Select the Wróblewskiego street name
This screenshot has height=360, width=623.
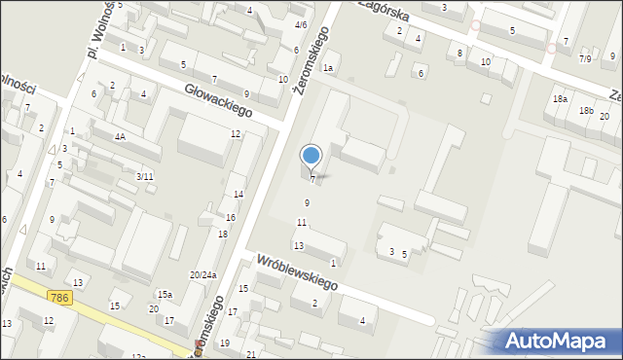tap(297, 272)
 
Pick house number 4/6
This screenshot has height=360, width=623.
tap(301, 24)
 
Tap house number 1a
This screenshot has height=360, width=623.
tap(329, 67)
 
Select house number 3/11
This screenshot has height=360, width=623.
tap(144, 176)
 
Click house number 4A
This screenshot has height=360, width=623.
tap(120, 137)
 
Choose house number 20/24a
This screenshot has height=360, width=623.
tap(202, 275)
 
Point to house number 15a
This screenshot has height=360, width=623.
tap(165, 294)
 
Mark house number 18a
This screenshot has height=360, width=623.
tap(560, 99)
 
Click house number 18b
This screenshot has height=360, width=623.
tap(586, 111)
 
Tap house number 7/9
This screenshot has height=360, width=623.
tap(585, 58)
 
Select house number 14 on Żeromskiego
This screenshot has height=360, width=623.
tap(238, 195)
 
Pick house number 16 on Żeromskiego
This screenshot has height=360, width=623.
tap(231, 217)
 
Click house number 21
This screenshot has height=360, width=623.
tap(250, 353)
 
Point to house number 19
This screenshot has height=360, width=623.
tap(225, 343)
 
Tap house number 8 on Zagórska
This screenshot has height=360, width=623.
tap(460, 53)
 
